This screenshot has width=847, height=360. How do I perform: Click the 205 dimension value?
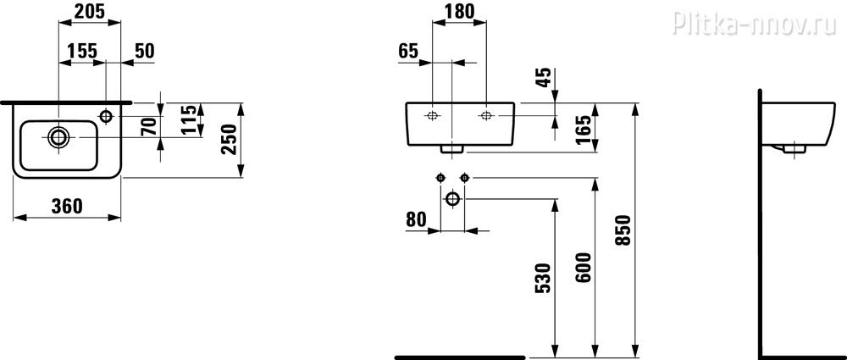[x=90, y=11]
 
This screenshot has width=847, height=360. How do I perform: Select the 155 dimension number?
[x=82, y=51]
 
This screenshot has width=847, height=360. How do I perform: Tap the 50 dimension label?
[x=144, y=51]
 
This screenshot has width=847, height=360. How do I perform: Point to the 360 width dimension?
[x=67, y=206]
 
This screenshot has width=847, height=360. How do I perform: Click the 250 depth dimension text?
[x=230, y=140]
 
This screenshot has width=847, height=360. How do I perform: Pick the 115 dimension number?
[x=189, y=120]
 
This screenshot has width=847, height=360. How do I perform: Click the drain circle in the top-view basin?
[x=58, y=137]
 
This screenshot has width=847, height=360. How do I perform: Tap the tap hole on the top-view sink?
[x=106, y=116]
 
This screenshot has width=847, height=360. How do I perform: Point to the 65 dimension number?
[x=408, y=52]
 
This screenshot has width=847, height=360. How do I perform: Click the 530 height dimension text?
[x=544, y=278]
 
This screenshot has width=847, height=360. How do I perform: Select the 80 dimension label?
[x=416, y=219]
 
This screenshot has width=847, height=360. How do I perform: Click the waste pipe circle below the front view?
[x=452, y=199]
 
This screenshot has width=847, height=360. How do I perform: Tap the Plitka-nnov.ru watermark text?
[x=754, y=23]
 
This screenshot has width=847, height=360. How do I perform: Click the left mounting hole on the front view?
[x=432, y=115]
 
